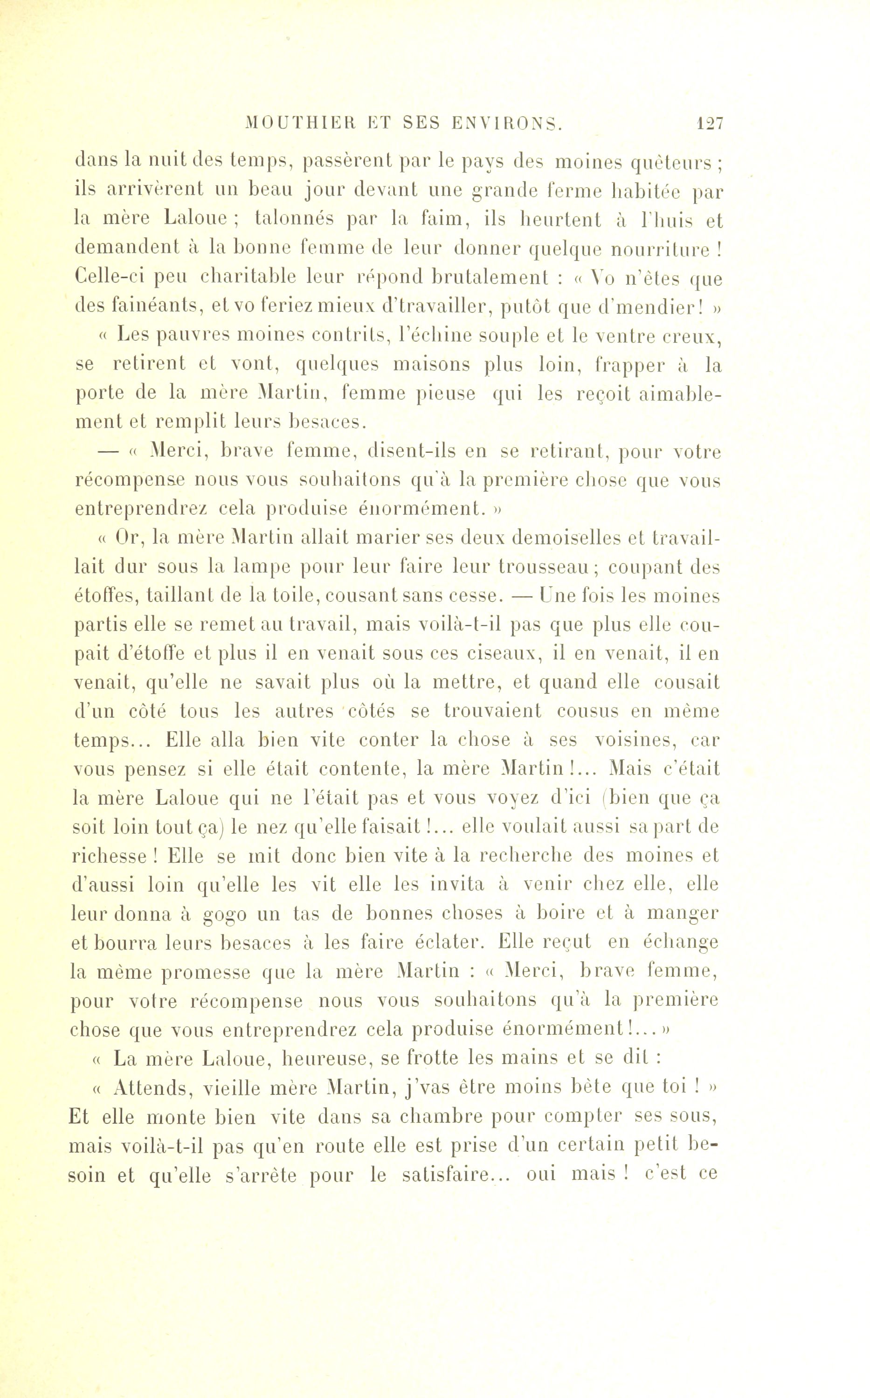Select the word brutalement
click(489, 277)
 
